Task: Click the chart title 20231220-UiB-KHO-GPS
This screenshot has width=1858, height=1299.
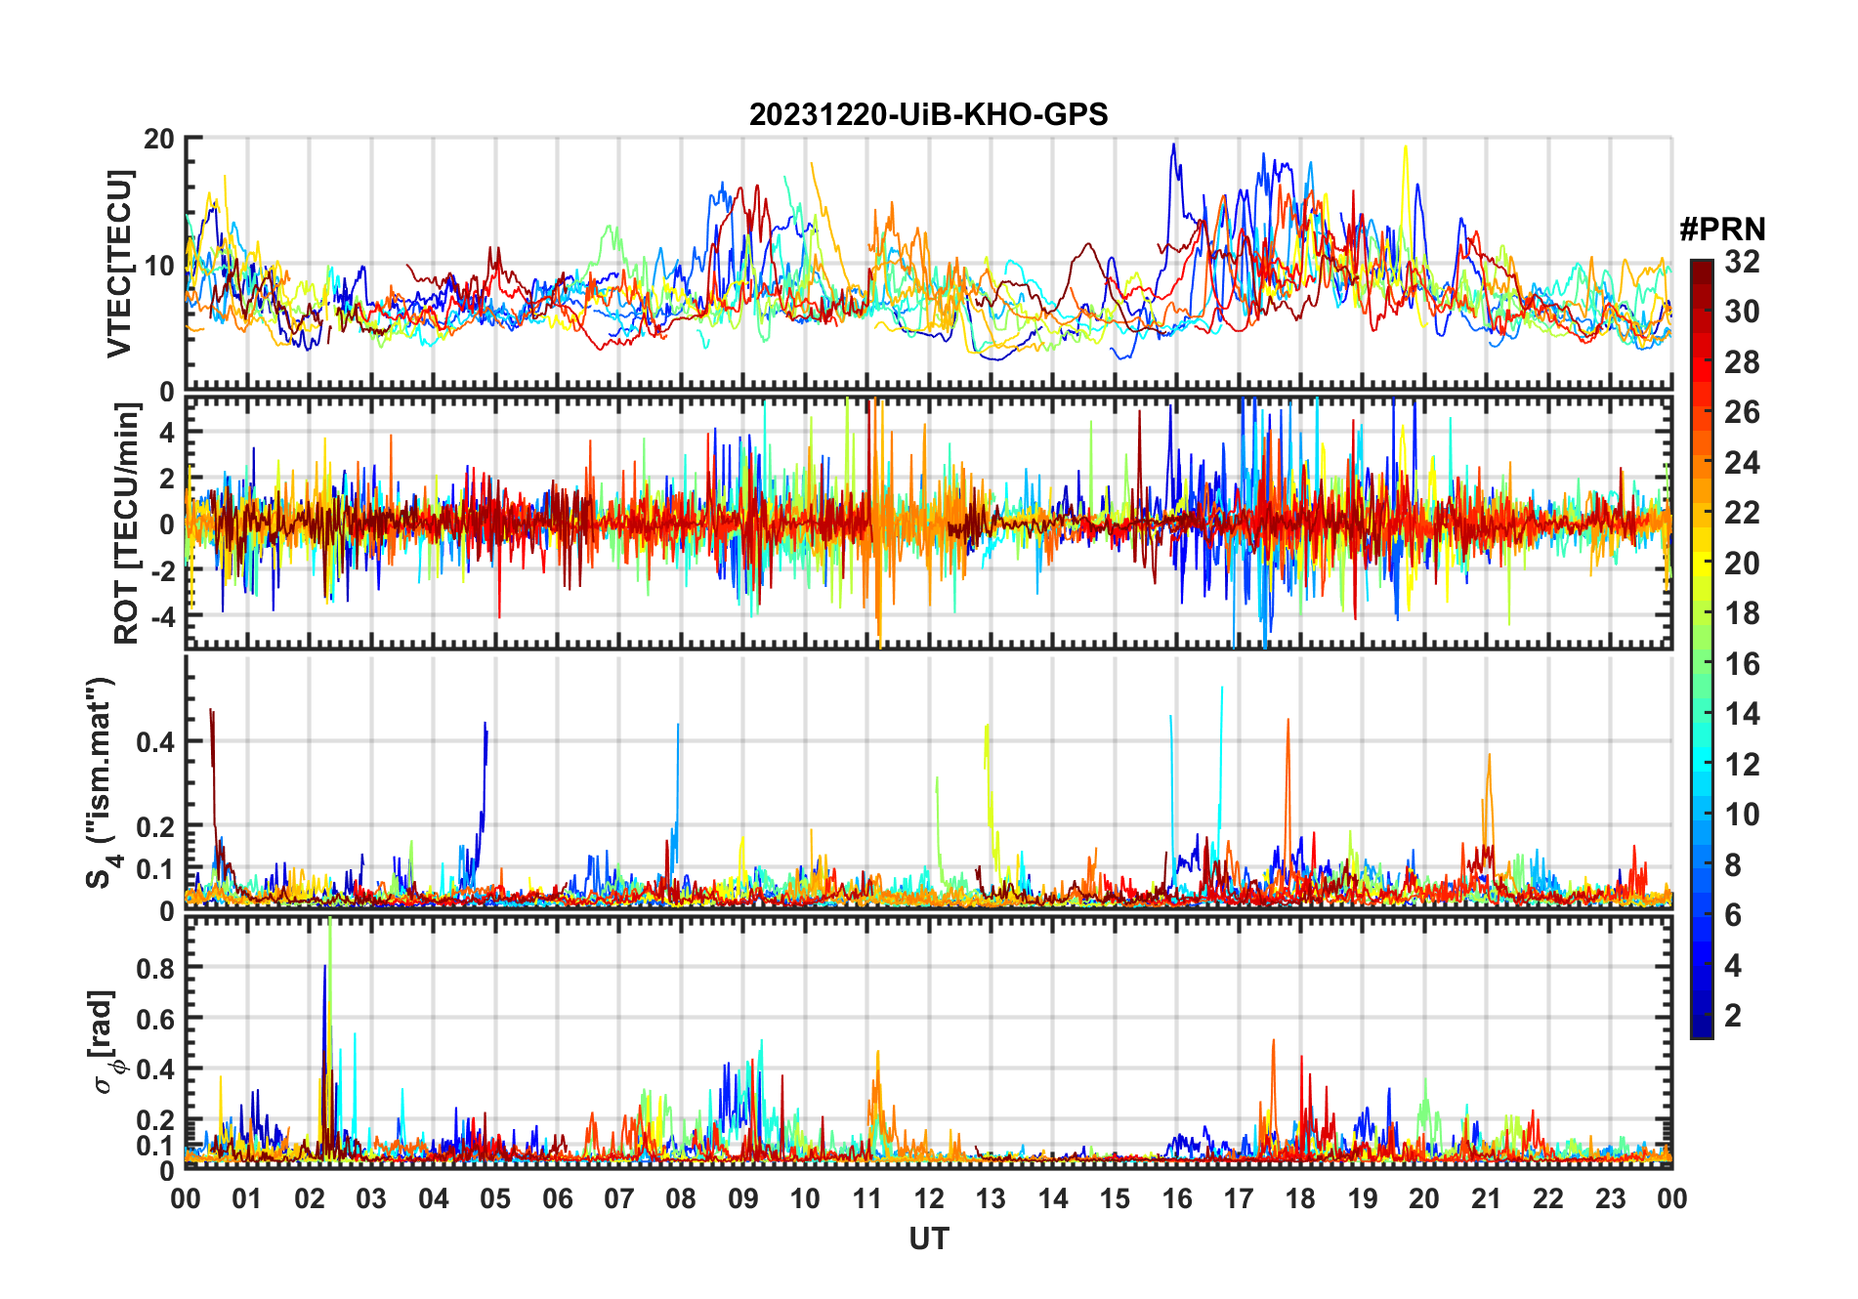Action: pyautogui.click(x=928, y=115)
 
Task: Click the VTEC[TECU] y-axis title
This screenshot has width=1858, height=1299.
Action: pyautogui.click(x=119, y=264)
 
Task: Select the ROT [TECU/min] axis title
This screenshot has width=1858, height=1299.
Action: pyautogui.click(x=126, y=524)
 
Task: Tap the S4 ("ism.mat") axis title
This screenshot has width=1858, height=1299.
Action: pyautogui.click(x=102, y=782)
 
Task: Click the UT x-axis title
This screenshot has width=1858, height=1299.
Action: pyautogui.click(x=928, y=1238)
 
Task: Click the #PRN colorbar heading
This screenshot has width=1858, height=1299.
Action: pyautogui.click(x=1722, y=230)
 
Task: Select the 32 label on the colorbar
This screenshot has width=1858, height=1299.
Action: pyautogui.click(x=1742, y=262)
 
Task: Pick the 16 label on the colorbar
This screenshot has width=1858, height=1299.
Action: pyautogui.click(x=1742, y=664)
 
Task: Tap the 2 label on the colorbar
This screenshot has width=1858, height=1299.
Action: pyautogui.click(x=1733, y=1016)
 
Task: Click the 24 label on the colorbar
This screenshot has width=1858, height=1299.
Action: pyautogui.click(x=1742, y=463)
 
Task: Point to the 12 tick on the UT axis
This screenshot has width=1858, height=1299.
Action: pyautogui.click(x=928, y=1198)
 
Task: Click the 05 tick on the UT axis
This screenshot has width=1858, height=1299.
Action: pyautogui.click(x=495, y=1198)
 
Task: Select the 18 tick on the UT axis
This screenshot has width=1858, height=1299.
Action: pyautogui.click(x=1300, y=1198)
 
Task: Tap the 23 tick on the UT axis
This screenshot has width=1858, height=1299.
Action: pyautogui.click(x=1610, y=1198)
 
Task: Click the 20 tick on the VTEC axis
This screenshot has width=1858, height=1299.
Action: pyautogui.click(x=159, y=139)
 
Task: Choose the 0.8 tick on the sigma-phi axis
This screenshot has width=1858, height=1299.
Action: pyautogui.click(x=156, y=968)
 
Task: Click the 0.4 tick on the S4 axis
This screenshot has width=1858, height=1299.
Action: pyautogui.click(x=156, y=741)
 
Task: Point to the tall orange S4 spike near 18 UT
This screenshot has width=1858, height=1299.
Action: pyautogui.click(x=1288, y=723)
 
